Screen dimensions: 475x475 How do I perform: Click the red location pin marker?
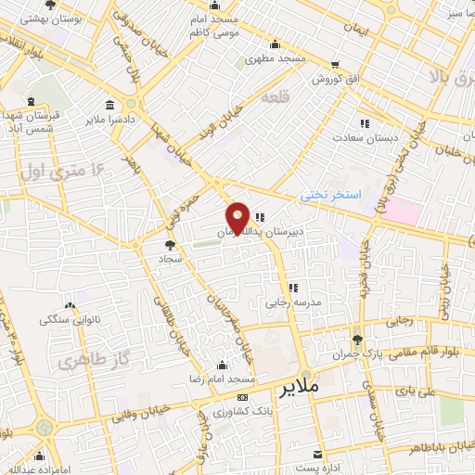[x=238, y=217]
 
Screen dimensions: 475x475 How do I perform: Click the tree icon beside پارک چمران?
[x=357, y=338]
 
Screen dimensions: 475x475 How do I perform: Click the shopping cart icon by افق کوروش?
[x=333, y=65]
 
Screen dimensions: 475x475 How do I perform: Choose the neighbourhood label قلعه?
[x=276, y=96]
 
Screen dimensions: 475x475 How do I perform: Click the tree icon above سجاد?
[x=170, y=246]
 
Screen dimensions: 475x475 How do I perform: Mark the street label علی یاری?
[x=414, y=392]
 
